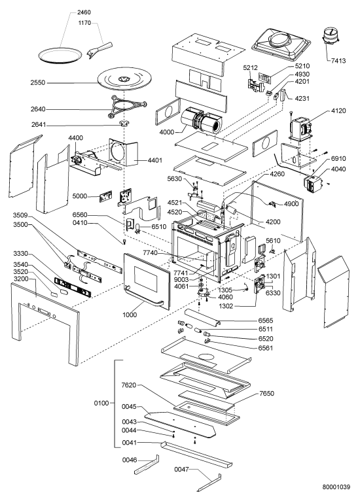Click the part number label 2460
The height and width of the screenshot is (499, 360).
(x=84, y=12)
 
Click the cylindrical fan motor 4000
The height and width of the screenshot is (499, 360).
(x=201, y=120)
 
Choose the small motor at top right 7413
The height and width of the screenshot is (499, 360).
(x=331, y=35)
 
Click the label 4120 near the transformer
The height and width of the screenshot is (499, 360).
(x=338, y=111)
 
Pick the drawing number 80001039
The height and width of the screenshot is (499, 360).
(x=336, y=487)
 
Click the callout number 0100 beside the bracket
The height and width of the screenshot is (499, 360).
(x=101, y=404)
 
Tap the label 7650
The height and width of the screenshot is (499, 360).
(x=266, y=393)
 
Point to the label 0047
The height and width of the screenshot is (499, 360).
(x=181, y=470)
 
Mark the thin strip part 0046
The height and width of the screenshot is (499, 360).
(x=147, y=464)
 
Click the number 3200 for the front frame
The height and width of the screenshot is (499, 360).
(x=21, y=279)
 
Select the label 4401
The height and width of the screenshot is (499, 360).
(x=155, y=160)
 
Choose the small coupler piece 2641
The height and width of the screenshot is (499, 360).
(x=123, y=124)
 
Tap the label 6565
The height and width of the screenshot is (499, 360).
(x=266, y=320)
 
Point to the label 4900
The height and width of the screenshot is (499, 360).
(x=291, y=203)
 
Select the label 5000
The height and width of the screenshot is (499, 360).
(x=80, y=196)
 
